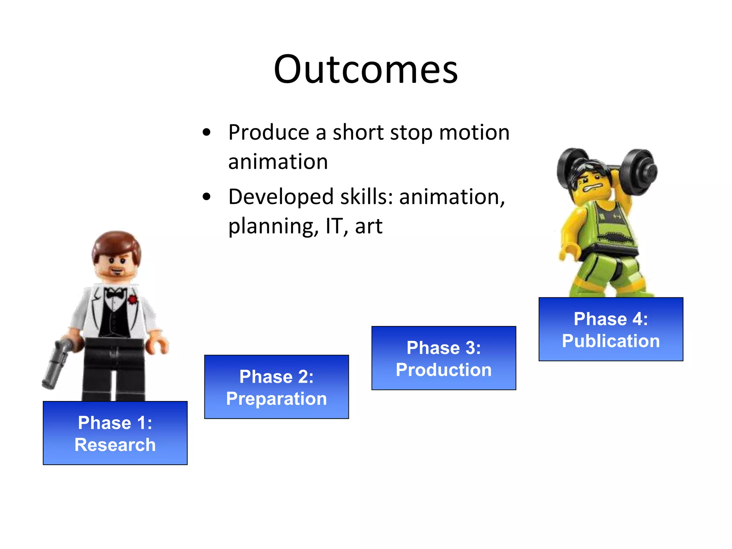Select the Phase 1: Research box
115,433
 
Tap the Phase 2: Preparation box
276,387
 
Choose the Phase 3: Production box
444,358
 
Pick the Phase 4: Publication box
610,329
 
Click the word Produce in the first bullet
268,133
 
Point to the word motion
474,133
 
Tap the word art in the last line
368,226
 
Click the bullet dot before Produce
207,133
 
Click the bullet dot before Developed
207,197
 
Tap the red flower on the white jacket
133,300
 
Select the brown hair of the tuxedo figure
116,243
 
